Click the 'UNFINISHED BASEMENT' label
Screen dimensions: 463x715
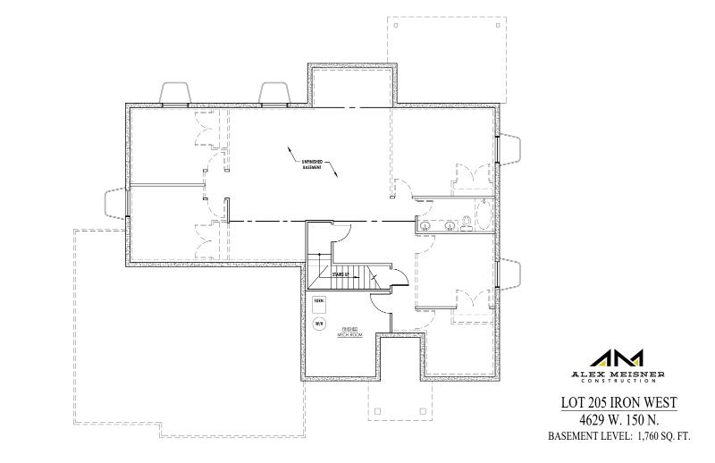311,161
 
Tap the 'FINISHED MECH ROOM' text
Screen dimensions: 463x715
349,332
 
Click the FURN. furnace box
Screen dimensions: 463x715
319,303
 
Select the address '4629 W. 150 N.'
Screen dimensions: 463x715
618,420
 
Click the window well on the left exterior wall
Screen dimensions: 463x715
116,203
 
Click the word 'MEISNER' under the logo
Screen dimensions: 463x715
636,373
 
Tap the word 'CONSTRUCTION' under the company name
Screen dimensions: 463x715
618,381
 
